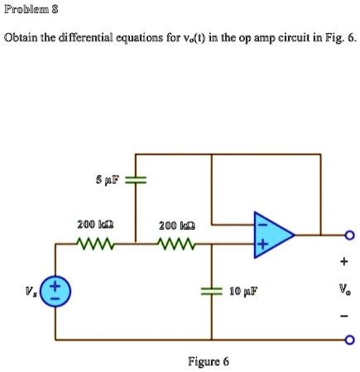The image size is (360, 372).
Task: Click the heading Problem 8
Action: [28, 12]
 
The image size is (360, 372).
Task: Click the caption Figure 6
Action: [209, 361]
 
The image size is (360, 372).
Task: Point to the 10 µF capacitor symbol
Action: [212, 291]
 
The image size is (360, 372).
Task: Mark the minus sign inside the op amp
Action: [259, 222]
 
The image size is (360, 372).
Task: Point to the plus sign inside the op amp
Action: [259, 245]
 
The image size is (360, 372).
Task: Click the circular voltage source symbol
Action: [56, 292]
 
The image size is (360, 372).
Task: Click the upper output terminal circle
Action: [348, 235]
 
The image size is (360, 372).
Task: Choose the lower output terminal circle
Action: [348, 340]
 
